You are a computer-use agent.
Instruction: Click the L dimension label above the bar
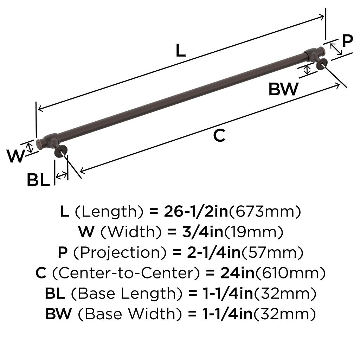[180, 51]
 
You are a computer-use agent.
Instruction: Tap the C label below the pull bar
[219, 136]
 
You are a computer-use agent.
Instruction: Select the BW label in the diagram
[283, 89]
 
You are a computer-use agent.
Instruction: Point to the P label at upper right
[347, 41]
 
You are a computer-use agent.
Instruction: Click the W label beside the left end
[16, 156]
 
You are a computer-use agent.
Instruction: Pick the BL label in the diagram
[38, 181]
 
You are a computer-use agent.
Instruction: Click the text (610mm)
[290, 273]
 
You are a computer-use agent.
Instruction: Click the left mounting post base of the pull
[60, 152]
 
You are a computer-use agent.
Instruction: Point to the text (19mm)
[253, 232]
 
